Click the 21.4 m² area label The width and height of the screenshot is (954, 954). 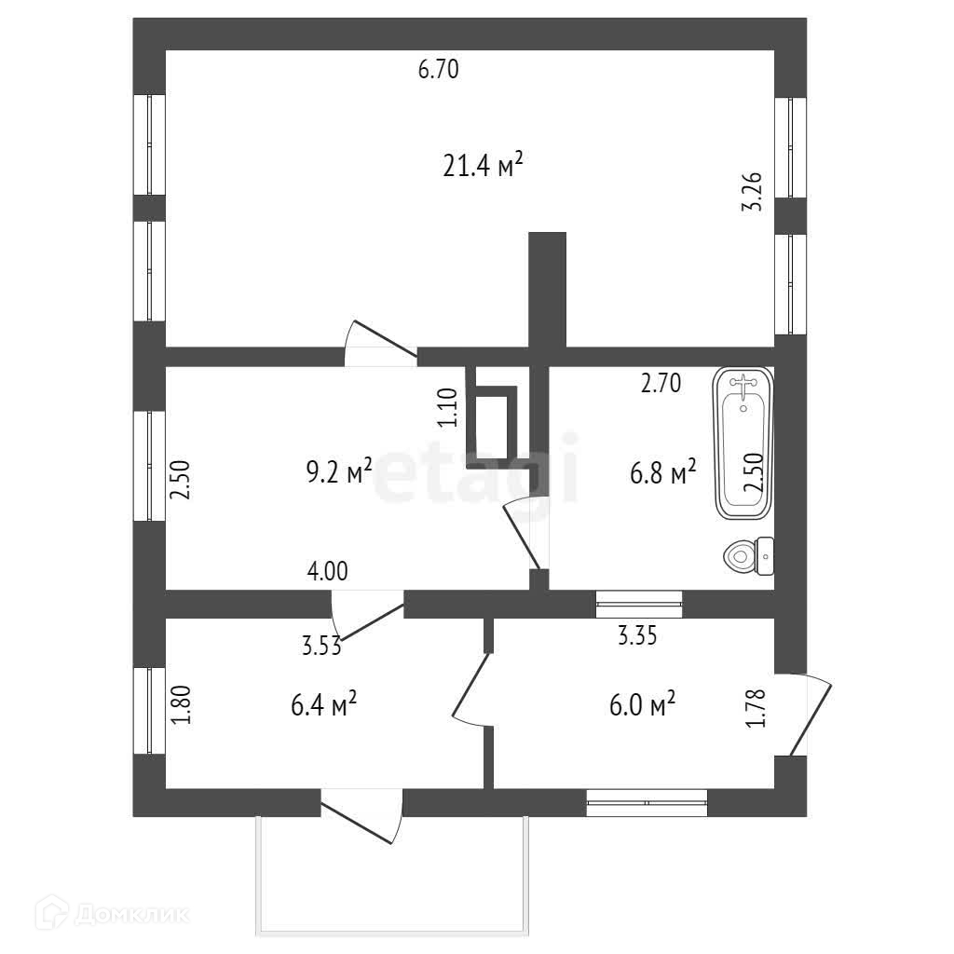click(483, 166)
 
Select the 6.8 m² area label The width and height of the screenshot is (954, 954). click(663, 472)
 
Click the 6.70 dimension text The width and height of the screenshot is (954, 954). click(438, 70)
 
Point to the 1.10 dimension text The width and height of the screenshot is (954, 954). click(448, 407)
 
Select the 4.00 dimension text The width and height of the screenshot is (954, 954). click(327, 571)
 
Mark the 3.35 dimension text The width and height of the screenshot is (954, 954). click(638, 637)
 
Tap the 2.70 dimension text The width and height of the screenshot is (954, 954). click(661, 383)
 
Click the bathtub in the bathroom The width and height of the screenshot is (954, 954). click(743, 457)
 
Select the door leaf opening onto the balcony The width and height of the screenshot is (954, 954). click(360, 820)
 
